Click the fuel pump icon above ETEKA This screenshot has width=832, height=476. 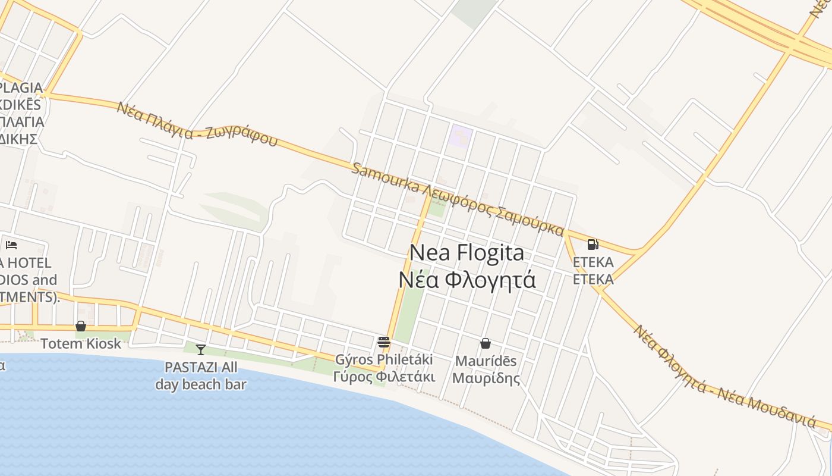[593, 244]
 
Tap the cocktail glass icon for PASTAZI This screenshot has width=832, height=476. [201, 350]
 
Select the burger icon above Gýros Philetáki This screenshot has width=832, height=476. [383, 342]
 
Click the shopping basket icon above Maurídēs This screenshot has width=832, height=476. [486, 343]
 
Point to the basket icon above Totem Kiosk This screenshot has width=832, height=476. [80, 326]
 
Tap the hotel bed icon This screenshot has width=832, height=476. [11, 245]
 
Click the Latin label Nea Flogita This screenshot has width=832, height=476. [467, 253]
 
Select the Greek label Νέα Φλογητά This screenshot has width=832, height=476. [467, 279]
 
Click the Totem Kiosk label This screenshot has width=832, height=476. [81, 343]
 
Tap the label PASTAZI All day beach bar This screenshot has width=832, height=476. [201, 375]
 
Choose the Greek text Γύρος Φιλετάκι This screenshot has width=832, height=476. [384, 377]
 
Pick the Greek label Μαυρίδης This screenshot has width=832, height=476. [486, 378]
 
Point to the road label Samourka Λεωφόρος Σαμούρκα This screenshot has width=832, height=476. [458, 199]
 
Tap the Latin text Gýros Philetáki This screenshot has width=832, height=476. [384, 359]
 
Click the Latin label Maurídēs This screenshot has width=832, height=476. [486, 361]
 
